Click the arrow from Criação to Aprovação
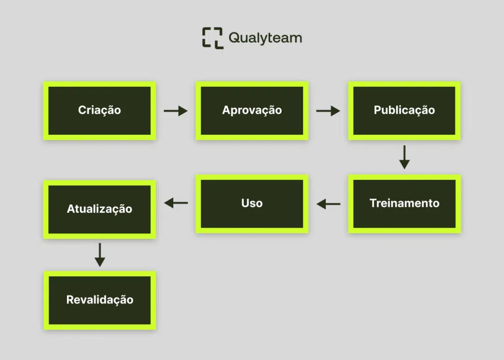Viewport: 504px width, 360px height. click(x=176, y=111)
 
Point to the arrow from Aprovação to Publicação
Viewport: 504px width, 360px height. click(x=328, y=111)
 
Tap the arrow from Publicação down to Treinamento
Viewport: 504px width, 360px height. click(x=404, y=157)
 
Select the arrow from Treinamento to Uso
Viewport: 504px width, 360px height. click(x=328, y=203)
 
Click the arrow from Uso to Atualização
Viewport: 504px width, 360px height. click(x=176, y=202)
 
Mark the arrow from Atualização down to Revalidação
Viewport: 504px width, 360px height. click(x=99, y=255)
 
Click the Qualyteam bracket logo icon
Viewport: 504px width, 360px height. click(x=213, y=38)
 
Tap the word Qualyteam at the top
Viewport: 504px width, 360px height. click(x=265, y=38)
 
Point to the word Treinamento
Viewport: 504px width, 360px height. click(x=404, y=203)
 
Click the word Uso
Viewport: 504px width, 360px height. click(x=252, y=203)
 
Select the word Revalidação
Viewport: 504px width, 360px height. click(x=99, y=299)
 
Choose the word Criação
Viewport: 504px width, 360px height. click(x=99, y=110)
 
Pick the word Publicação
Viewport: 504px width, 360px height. click(x=404, y=110)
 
